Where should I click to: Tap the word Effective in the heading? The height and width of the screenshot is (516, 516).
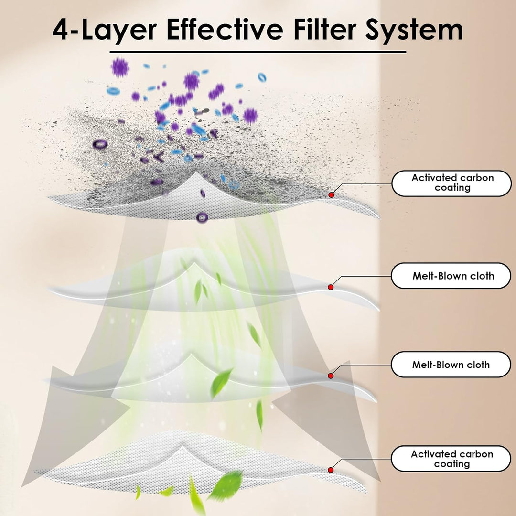[x=225, y=29]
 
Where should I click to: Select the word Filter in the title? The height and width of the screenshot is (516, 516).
[x=325, y=29]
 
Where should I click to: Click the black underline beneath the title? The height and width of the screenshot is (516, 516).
[x=258, y=52]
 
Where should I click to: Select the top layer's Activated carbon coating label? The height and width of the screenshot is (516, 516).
[x=451, y=183]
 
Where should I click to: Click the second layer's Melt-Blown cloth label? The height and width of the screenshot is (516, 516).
[x=451, y=276]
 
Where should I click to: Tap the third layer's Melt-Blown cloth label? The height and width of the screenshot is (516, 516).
[x=451, y=364]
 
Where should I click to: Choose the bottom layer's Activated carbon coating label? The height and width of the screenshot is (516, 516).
[x=451, y=459]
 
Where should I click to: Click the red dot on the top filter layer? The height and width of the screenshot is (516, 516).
[x=332, y=195]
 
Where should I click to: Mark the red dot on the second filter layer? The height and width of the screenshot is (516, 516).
[x=331, y=287]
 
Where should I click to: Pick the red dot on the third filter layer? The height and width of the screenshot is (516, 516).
[x=331, y=376]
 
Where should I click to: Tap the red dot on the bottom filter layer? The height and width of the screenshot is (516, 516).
[x=331, y=470]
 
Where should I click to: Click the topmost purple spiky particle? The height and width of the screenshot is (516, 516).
[x=120, y=67]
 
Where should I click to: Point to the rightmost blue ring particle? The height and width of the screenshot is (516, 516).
[x=262, y=77]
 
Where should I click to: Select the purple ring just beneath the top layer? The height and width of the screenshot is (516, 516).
[x=202, y=217]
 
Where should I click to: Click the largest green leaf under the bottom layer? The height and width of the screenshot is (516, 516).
[x=226, y=485]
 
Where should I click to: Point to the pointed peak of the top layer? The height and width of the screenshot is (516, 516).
[x=196, y=172]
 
